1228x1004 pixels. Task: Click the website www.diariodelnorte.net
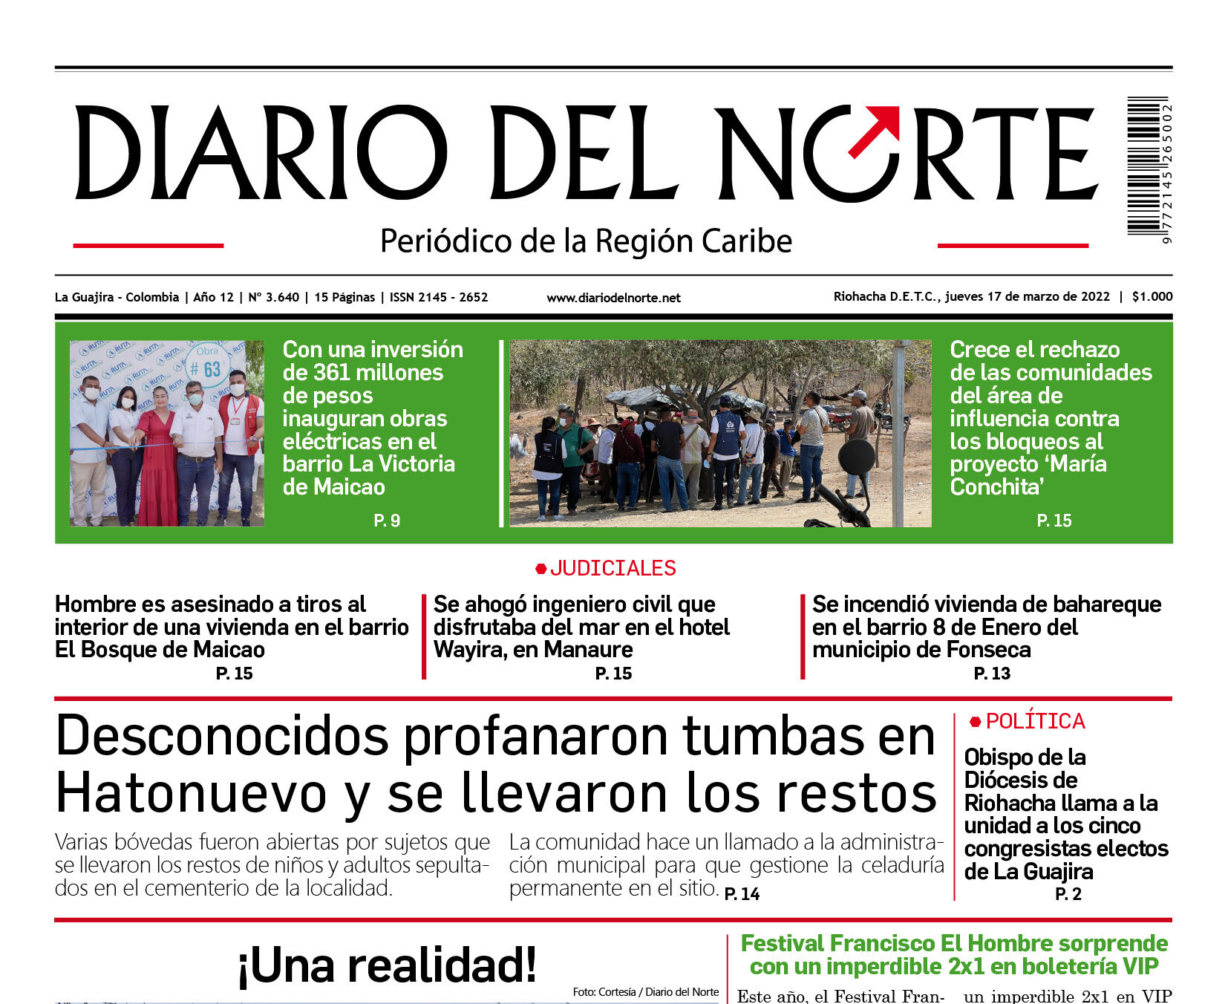(x=613, y=298)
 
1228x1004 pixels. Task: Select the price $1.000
(x=1152, y=296)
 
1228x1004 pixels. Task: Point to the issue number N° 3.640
(x=273, y=297)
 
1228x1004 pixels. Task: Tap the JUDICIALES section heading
(x=613, y=568)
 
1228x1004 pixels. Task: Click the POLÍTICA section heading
(x=1035, y=721)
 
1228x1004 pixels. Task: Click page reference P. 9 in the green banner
(x=387, y=521)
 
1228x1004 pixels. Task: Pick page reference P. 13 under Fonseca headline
(x=992, y=674)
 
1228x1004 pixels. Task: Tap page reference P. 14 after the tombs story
(x=742, y=894)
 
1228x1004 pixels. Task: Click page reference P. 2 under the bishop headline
(x=1068, y=894)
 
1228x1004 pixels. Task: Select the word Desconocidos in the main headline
(x=222, y=737)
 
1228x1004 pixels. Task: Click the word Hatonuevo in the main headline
(x=191, y=793)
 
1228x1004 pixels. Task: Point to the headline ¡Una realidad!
(x=387, y=965)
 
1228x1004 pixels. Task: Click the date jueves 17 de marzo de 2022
(x=1028, y=296)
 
